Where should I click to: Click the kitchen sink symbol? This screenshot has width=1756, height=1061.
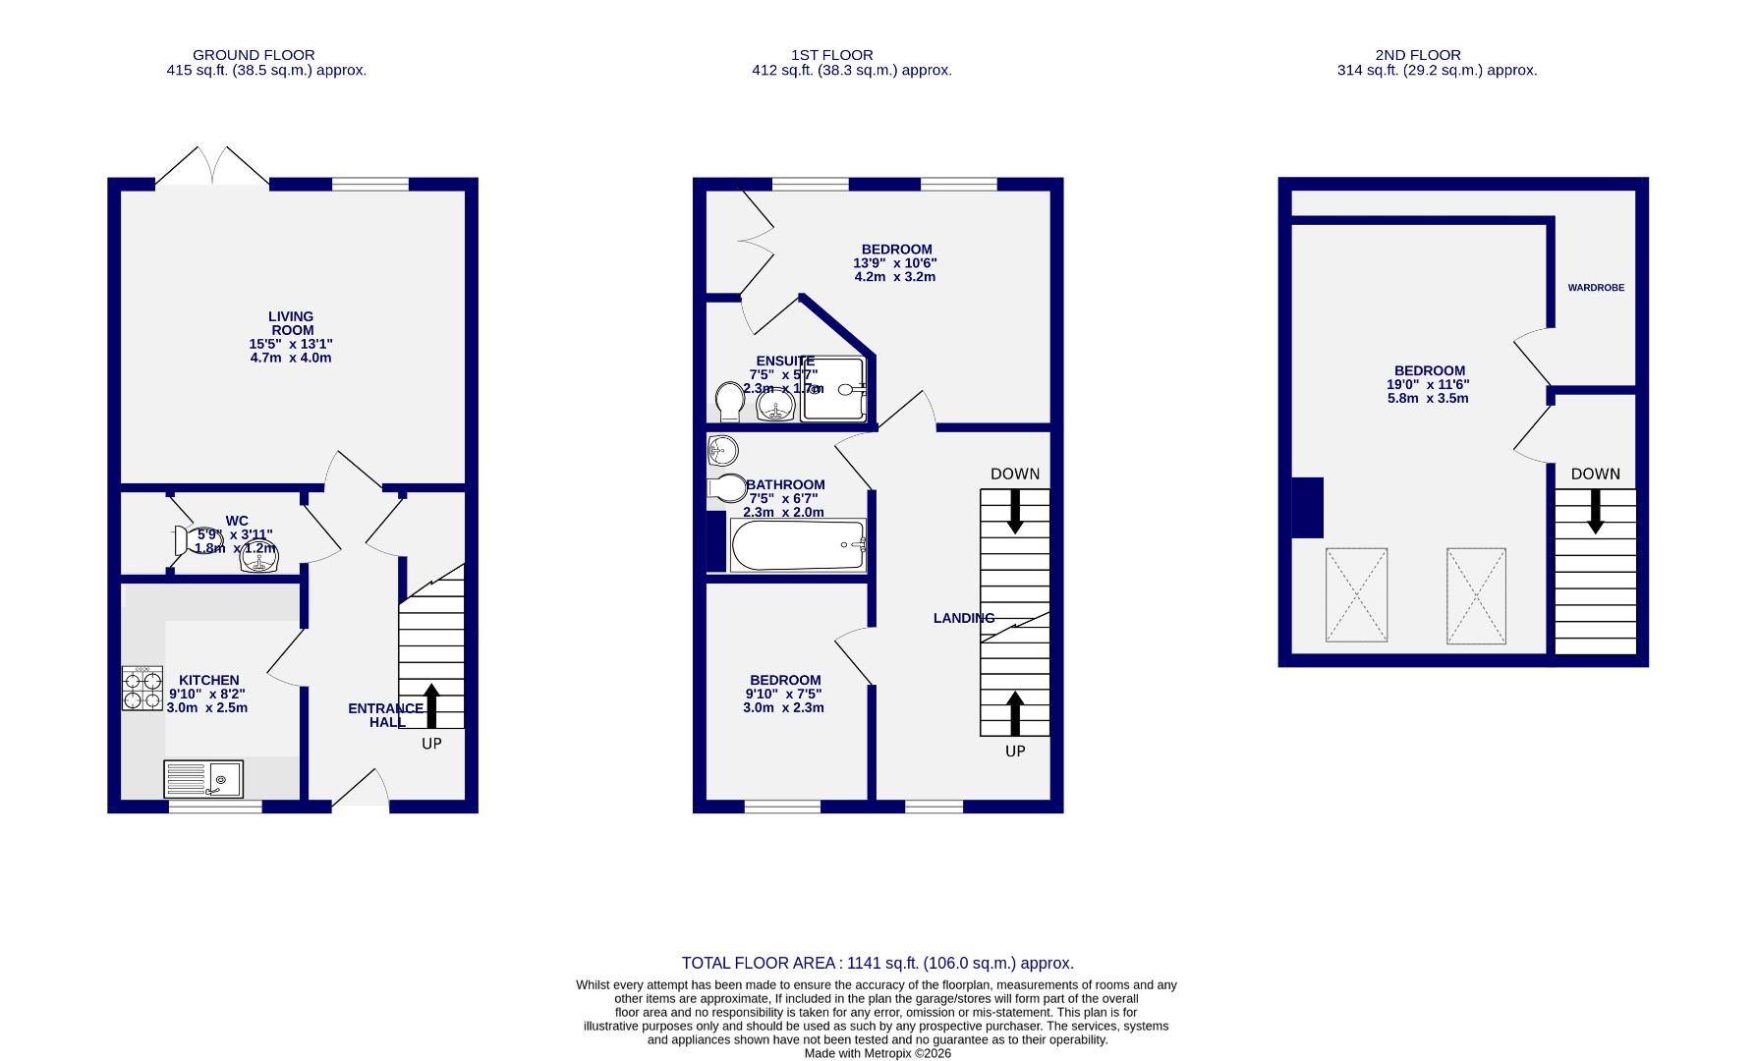pyautogui.click(x=204, y=780)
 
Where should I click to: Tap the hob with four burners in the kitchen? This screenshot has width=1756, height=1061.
pyautogui.click(x=142, y=689)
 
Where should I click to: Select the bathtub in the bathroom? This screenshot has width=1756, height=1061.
pyautogui.click(x=797, y=545)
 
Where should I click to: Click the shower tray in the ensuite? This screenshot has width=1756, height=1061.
pyautogui.click(x=833, y=389)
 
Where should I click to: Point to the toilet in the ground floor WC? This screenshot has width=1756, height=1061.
pyautogui.click(x=188, y=540)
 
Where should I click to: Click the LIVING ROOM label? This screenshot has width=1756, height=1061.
pyautogui.click(x=291, y=323)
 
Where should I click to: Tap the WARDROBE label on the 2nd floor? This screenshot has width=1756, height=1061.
pyautogui.click(x=1595, y=288)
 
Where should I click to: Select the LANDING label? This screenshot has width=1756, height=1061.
pyautogui.click(x=963, y=618)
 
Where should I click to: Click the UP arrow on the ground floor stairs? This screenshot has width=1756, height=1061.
pyautogui.click(x=431, y=706)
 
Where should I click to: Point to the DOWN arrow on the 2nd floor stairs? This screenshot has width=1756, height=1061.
pyautogui.click(x=1595, y=511)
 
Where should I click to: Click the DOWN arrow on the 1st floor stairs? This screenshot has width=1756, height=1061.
pyautogui.click(x=1015, y=511)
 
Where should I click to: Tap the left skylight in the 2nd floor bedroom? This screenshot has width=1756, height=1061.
pyautogui.click(x=1356, y=595)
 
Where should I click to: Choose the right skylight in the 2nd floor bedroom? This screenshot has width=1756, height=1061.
pyautogui.click(x=1475, y=595)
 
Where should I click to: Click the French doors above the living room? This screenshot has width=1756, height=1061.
pyautogui.click(x=212, y=167)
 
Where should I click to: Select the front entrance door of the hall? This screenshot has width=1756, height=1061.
pyautogui.click(x=361, y=791)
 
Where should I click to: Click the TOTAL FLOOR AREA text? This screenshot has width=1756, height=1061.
pyautogui.click(x=878, y=964)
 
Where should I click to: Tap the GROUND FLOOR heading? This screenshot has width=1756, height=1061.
pyautogui.click(x=254, y=55)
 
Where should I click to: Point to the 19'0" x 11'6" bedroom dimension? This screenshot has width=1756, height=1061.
pyautogui.click(x=1428, y=385)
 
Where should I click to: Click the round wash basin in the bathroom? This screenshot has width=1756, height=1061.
pyautogui.click(x=722, y=451)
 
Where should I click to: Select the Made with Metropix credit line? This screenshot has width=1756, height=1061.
pyautogui.click(x=878, y=1053)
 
